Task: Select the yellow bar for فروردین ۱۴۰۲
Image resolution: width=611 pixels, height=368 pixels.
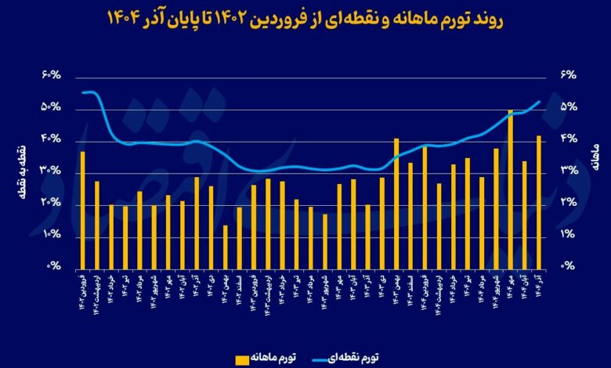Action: (x=82, y=209)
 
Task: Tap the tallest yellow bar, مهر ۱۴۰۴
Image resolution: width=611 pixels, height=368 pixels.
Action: (x=510, y=189)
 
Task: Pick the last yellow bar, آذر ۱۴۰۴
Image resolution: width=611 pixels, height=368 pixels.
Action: (x=538, y=202)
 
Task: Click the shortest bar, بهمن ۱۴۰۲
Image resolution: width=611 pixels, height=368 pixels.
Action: (x=225, y=247)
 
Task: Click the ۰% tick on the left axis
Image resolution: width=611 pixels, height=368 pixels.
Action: (x=54, y=267)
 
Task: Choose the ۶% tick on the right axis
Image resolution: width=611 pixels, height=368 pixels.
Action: (x=566, y=75)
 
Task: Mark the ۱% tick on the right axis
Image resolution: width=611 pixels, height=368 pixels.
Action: (x=566, y=235)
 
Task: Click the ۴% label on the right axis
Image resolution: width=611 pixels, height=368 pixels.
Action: (x=566, y=139)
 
